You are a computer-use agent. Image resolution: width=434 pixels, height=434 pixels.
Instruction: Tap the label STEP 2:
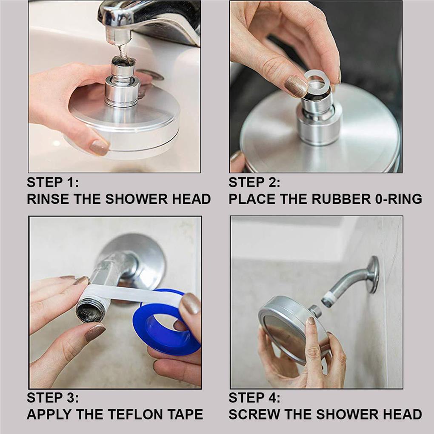[x=254, y=183]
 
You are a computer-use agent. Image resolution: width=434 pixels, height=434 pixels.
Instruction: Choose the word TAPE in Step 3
[x=186, y=414]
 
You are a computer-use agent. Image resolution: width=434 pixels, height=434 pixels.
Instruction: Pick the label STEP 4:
[x=254, y=398]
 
